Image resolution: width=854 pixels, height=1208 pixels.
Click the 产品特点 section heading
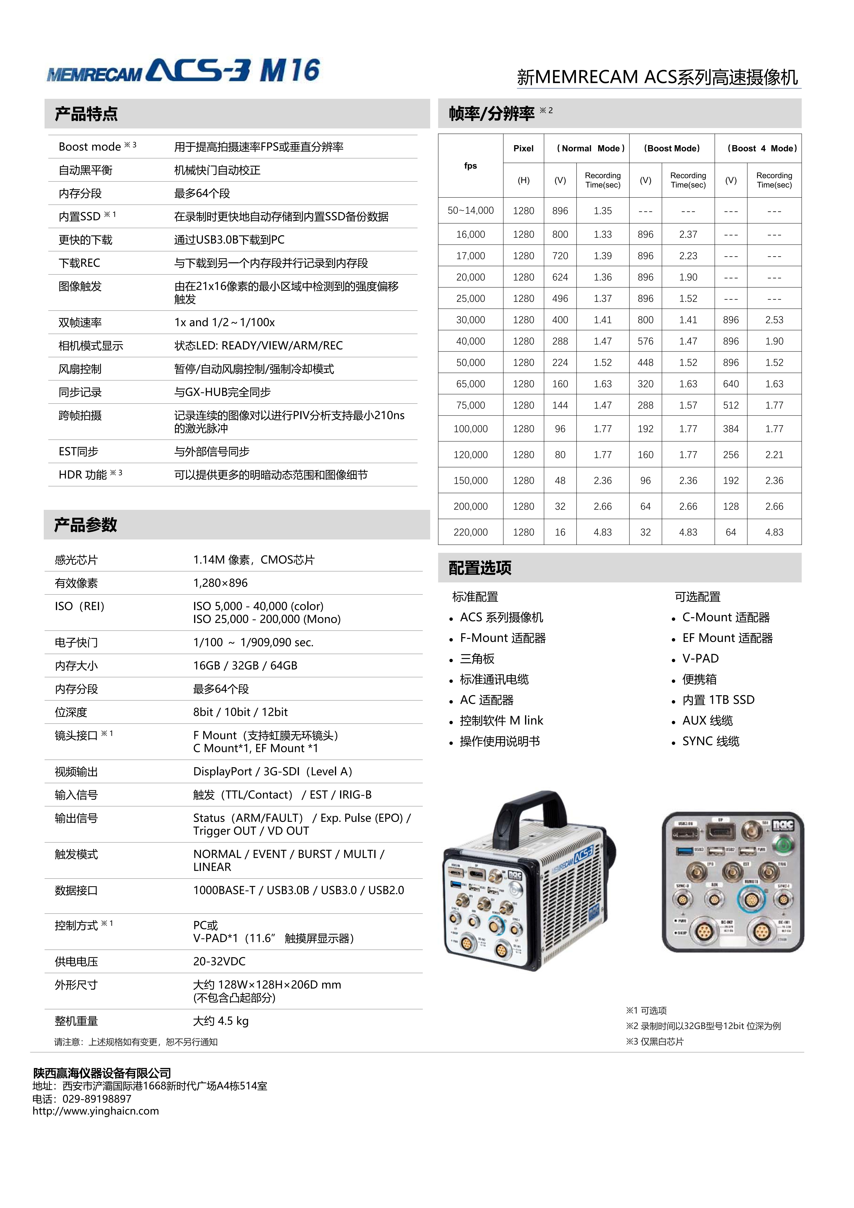(86, 114)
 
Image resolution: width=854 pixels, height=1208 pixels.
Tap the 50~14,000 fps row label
(470, 210)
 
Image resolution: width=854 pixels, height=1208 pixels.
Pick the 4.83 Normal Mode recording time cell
(602, 532)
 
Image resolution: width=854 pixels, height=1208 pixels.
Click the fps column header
(470, 166)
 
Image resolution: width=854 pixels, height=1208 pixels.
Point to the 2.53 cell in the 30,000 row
(774, 320)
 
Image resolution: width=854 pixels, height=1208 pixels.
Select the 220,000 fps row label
(470, 532)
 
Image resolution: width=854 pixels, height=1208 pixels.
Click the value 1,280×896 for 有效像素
(220, 583)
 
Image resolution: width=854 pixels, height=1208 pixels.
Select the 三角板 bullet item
(477, 659)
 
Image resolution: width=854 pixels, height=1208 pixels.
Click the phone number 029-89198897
(97, 1099)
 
